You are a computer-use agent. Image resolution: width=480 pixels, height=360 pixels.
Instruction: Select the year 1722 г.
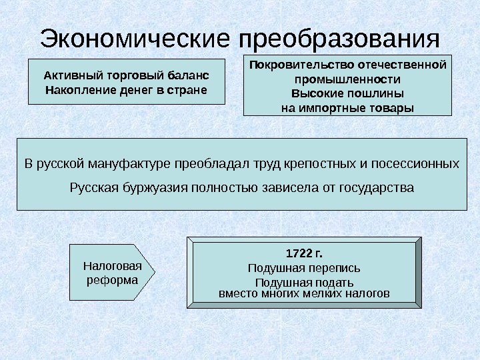[x=303, y=253]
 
